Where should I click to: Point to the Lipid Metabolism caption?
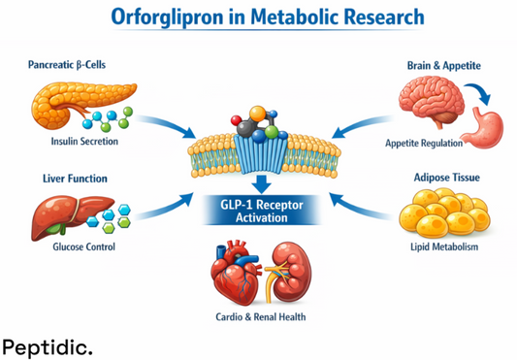(x=442, y=246)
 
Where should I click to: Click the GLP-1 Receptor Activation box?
(x=257, y=211)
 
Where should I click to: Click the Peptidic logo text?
(x=48, y=344)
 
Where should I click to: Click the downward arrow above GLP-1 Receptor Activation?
(x=258, y=184)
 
